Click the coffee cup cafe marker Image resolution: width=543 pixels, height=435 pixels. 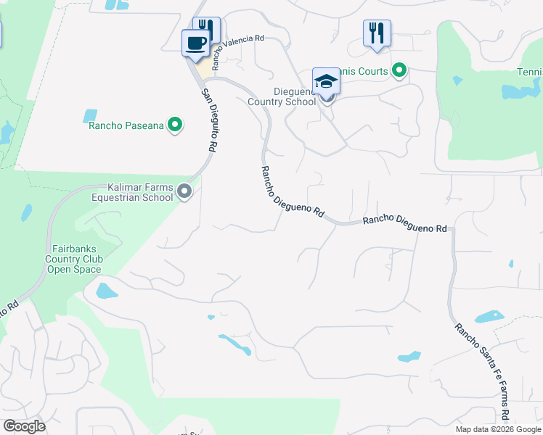[195, 43]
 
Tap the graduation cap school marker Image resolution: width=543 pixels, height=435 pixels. [326, 82]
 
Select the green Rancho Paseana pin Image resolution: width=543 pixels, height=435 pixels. [174, 125]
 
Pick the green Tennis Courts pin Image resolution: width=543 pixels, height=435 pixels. [399, 70]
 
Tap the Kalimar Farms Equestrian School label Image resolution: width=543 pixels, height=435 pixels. [131, 192]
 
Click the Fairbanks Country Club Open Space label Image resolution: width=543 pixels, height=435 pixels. [74, 259]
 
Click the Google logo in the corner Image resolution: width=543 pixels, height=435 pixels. [24, 426]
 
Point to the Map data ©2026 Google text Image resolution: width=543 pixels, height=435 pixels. [497, 429]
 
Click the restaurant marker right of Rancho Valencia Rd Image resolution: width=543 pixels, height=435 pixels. [377, 33]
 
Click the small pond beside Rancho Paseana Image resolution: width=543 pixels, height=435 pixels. [90, 115]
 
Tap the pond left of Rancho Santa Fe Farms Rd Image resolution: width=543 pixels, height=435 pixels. [489, 317]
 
